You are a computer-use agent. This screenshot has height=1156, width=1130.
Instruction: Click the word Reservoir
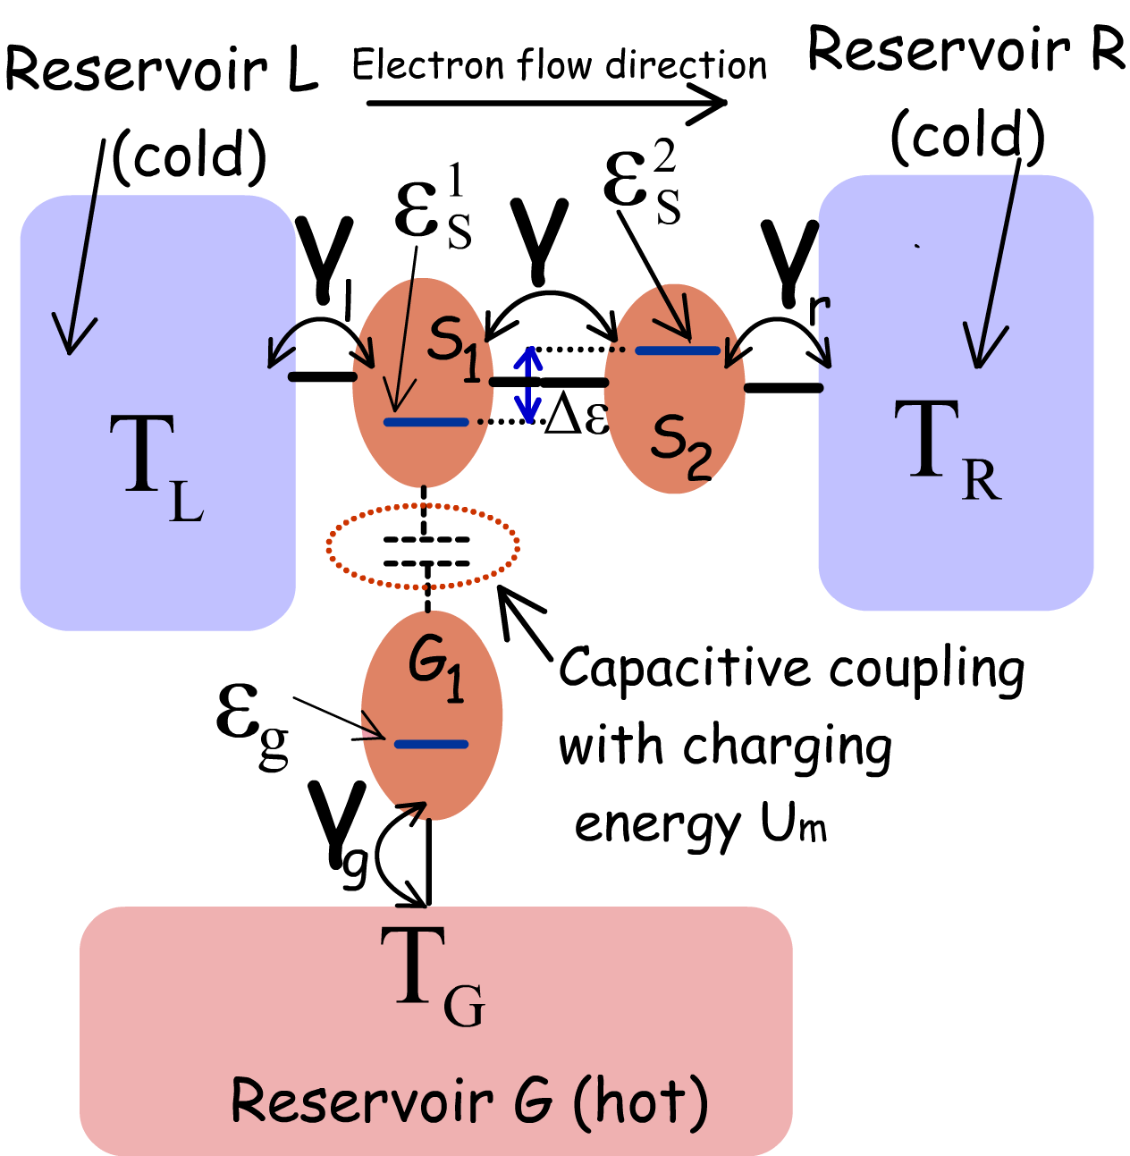[361, 1100]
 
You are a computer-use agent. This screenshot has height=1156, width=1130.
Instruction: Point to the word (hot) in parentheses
[640, 1101]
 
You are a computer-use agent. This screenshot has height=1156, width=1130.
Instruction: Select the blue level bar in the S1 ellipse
[426, 422]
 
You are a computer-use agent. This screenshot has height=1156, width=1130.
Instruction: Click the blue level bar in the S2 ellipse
[678, 350]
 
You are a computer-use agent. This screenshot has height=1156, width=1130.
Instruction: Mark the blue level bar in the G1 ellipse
[431, 744]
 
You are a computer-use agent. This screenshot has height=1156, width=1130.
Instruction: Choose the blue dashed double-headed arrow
[528, 385]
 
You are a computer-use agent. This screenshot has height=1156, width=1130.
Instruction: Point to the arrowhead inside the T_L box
[72, 336]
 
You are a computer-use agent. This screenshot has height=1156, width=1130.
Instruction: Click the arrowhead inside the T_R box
[982, 348]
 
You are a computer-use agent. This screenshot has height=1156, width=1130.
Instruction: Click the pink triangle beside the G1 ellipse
[369, 732]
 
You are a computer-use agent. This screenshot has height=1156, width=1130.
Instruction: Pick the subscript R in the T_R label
[981, 480]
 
